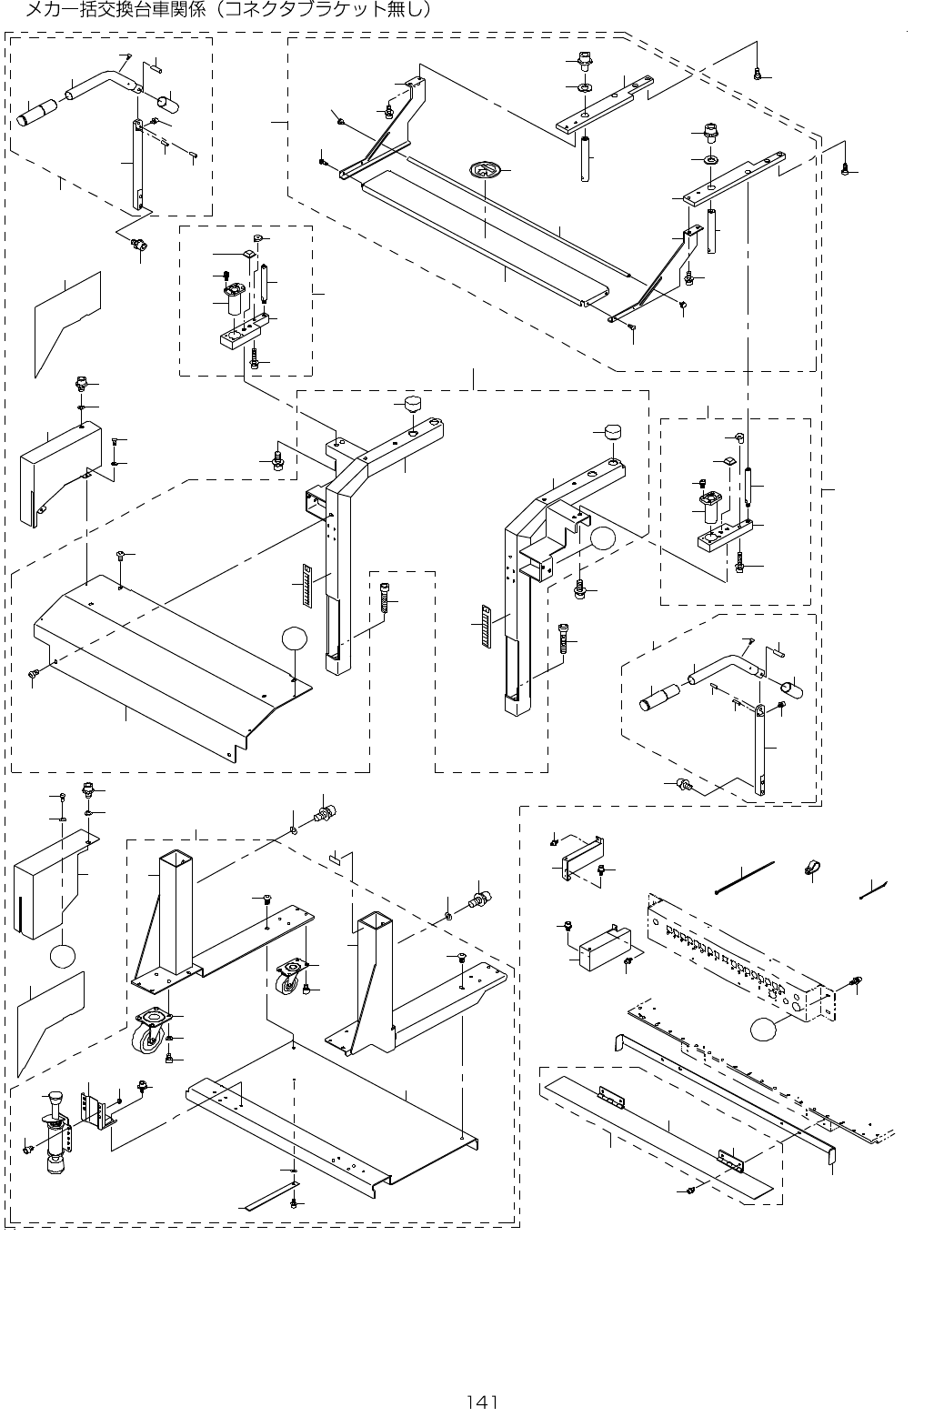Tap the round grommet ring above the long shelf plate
click(x=486, y=169)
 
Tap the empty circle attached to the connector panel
click(x=766, y=1031)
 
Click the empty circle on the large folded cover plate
click(x=293, y=639)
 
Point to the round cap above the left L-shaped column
click(x=414, y=401)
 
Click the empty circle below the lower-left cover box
click(x=63, y=957)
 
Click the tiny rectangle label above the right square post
click(x=334, y=857)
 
